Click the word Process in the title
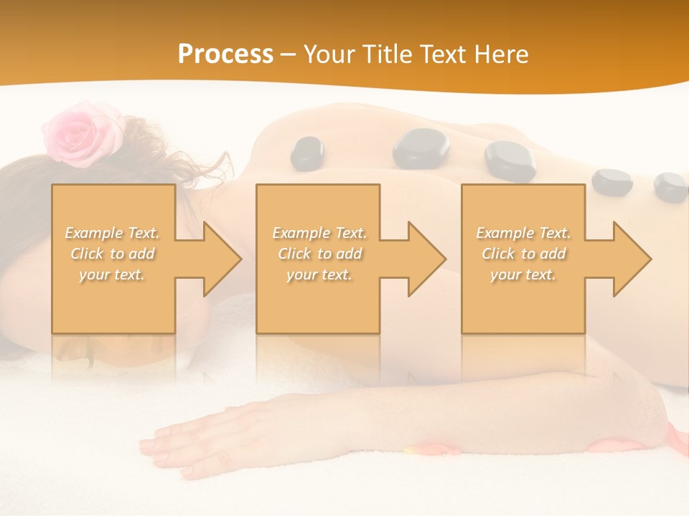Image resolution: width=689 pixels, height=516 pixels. click(x=225, y=54)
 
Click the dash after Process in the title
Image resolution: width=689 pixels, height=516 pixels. click(x=289, y=55)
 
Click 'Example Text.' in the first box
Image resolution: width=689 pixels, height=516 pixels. click(x=113, y=233)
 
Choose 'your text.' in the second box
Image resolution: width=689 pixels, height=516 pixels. click(x=319, y=274)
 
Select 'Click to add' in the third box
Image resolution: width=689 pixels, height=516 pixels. click(x=523, y=254)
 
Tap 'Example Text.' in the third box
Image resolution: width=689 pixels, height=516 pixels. click(x=523, y=233)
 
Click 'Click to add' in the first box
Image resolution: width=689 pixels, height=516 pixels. click(x=113, y=254)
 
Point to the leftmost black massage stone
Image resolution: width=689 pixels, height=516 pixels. click(x=306, y=153)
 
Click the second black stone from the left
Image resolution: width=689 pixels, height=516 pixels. click(x=421, y=148)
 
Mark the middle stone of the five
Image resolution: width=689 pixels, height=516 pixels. click(x=510, y=161)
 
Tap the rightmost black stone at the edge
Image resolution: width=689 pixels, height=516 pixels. click(x=671, y=187)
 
